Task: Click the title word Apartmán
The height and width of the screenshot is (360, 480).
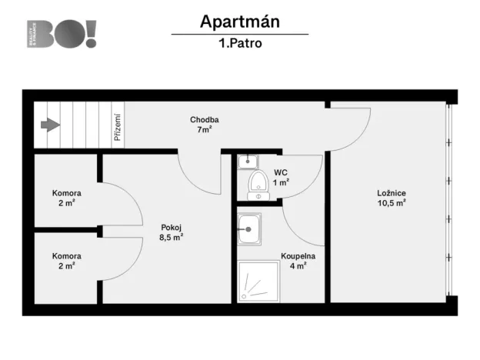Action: coord(239,21)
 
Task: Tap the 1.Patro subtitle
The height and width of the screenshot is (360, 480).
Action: coord(239,44)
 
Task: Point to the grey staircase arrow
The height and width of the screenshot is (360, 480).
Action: coord(51,125)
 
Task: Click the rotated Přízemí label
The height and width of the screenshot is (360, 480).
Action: coord(118,128)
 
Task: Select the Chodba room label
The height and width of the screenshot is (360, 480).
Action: coord(205,119)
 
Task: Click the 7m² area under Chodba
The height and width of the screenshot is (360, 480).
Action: coord(205,130)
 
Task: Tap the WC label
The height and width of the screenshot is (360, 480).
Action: coord(281,172)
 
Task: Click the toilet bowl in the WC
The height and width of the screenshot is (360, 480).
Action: coord(258,182)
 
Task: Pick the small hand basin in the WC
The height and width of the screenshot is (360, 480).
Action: coord(247,161)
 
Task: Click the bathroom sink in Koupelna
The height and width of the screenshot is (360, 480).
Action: coord(248,228)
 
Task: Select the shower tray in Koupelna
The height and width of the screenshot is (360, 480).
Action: coord(258,281)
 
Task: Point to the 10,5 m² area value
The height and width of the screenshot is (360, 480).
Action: coord(392,204)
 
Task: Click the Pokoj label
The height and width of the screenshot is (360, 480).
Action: coord(171,227)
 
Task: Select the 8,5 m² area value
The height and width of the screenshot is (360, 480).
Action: coord(171,238)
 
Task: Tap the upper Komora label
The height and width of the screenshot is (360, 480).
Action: coord(67,193)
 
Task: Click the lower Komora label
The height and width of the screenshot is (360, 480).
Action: coord(67,256)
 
